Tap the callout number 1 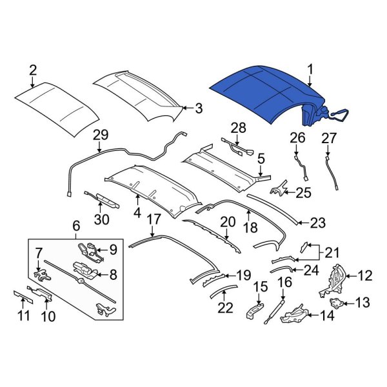[310, 68]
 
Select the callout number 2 [33, 69]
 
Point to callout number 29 [100, 134]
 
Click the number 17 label [153, 219]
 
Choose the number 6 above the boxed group [75, 225]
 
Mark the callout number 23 [318, 223]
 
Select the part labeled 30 [102, 199]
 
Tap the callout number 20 [228, 223]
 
